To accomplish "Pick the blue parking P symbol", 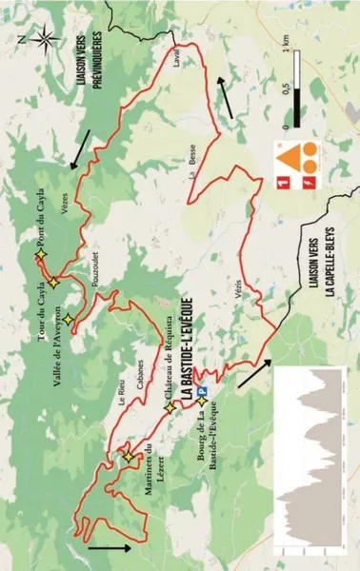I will coord(204,390).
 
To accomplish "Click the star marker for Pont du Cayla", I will coord(40,256).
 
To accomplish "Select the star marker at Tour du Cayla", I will coord(54,284).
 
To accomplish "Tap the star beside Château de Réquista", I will coord(170,408).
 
